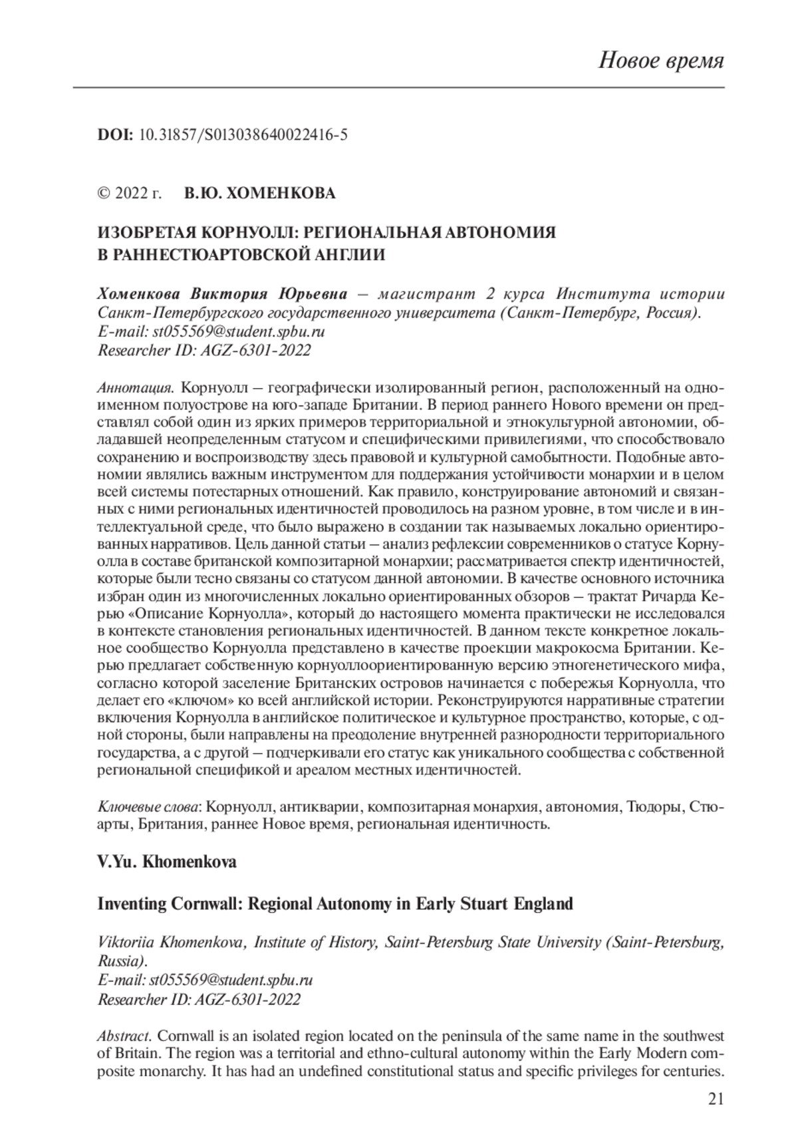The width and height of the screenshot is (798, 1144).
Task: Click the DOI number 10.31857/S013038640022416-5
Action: pyautogui.click(x=243, y=136)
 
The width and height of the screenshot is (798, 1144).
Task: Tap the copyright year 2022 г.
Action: pyautogui.click(x=138, y=194)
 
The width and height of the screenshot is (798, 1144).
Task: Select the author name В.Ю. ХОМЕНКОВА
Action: pyautogui.click(x=259, y=194)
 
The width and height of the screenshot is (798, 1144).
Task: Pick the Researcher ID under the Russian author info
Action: pyautogui.click(x=203, y=351)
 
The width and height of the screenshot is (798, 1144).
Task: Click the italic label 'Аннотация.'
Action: pyautogui.click(x=136, y=387)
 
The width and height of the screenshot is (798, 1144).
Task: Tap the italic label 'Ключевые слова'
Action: pyautogui.click(x=149, y=807)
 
